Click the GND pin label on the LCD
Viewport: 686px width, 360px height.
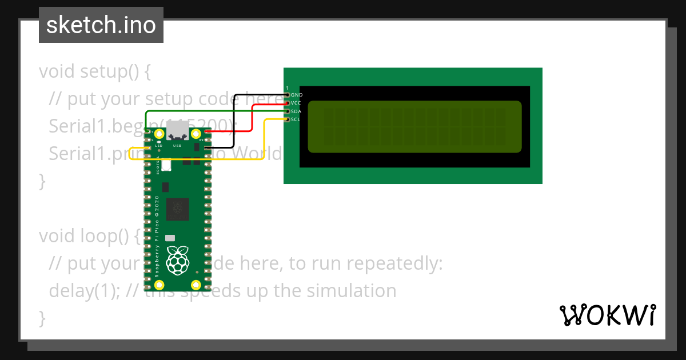(297, 95)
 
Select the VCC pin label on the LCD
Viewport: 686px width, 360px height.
(296, 103)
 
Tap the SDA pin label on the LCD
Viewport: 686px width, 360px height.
(296, 111)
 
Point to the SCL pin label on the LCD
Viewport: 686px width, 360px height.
(296, 119)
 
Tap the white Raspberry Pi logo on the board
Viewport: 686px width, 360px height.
(177, 260)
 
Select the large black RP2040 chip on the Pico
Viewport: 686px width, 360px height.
(178, 209)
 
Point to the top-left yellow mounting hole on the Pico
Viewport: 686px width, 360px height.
(159, 134)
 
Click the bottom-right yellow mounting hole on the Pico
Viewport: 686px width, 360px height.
(196, 284)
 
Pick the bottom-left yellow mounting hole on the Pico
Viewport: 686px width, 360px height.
(159, 284)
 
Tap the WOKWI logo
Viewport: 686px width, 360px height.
(607, 315)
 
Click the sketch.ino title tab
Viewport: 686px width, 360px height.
(101, 25)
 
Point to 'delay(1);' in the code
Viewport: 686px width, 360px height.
(85, 290)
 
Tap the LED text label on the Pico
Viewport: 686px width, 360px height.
(159, 146)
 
